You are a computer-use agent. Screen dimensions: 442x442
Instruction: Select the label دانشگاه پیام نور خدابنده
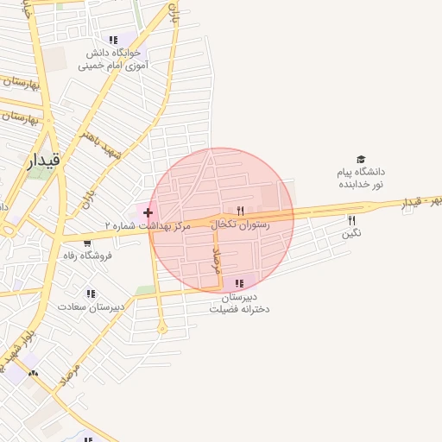coord(360,179)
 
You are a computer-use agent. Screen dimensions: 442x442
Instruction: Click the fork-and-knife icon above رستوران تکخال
coord(241,210)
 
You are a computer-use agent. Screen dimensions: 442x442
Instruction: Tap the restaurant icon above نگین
coord(351,220)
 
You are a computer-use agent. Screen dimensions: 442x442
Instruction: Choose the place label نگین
coord(351,233)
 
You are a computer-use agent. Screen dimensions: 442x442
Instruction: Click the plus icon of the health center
coord(148,212)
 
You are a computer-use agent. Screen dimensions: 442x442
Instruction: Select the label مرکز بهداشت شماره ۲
coord(146,225)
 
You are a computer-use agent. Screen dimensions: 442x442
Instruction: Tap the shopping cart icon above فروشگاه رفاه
coord(86,242)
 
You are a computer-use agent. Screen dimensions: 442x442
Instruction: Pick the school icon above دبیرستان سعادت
coord(92,294)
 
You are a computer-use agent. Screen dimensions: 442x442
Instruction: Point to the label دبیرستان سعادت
coord(92,306)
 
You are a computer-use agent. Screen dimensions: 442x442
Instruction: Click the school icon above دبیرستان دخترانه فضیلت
coord(239,282)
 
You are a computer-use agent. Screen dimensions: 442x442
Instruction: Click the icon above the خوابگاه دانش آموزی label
coord(113,40)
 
